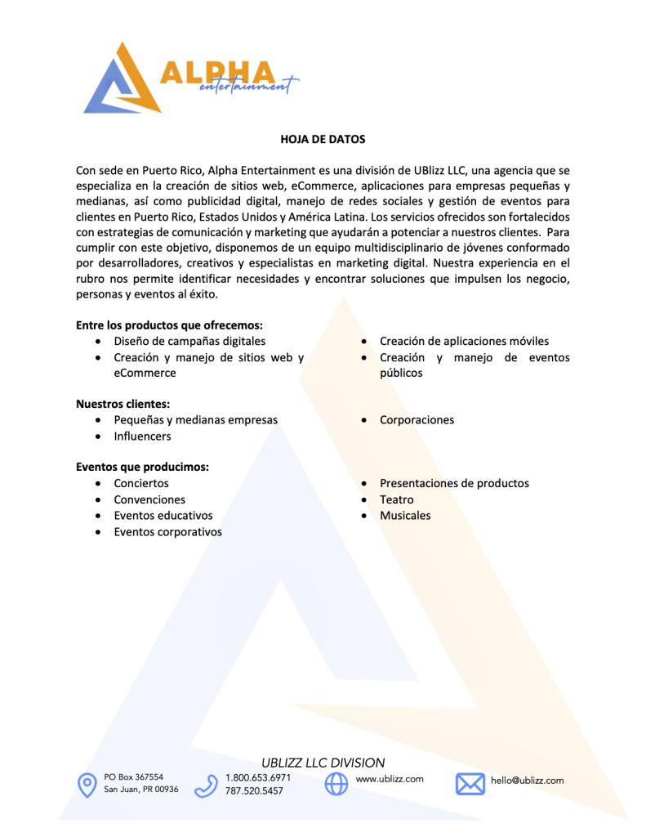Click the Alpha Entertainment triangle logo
123,79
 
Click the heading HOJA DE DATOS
323,139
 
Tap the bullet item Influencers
142,436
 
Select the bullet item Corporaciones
417,420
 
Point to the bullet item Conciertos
141,484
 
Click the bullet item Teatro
396,499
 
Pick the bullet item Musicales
405,516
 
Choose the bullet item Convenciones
149,499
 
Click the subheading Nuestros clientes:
123,404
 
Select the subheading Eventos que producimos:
142,468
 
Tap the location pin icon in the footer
87,785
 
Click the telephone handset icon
206,786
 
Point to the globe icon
336,784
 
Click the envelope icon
470,784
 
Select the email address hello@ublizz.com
527,781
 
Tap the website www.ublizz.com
390,779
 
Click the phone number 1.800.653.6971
257,777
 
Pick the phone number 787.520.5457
254,791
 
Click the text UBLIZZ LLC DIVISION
323,763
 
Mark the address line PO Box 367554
134,777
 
